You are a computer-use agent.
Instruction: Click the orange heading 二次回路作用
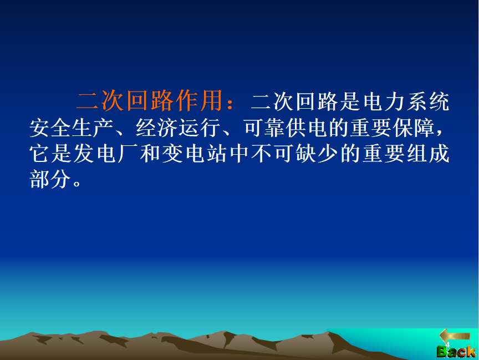click(x=150, y=100)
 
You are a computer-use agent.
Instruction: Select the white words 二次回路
click(x=294, y=102)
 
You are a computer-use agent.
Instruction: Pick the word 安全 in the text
click(x=50, y=128)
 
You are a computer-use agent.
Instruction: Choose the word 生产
click(x=93, y=128)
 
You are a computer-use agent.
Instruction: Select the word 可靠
click(x=264, y=128)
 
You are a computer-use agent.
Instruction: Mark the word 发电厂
click(x=84, y=154)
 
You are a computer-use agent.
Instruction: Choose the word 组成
click(x=427, y=154)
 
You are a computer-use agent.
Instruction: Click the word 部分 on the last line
click(x=50, y=179)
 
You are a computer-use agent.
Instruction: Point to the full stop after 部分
click(x=77, y=184)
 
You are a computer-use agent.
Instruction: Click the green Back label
click(x=456, y=352)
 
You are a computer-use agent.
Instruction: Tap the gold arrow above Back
click(x=455, y=336)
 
